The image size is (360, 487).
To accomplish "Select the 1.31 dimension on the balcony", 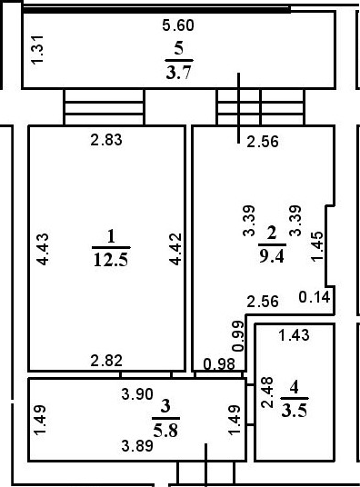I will coord(37,50).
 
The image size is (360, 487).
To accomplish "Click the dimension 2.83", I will coord(105,140).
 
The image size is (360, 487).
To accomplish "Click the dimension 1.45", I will coord(316,244).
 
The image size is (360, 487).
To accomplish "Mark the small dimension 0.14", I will coord(315,296).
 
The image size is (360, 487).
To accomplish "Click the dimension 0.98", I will coord(218,364).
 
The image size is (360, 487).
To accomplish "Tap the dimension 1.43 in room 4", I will coord(294,336).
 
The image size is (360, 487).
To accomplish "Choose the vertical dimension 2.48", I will coord(266,393).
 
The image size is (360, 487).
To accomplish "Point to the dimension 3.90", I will coord(138,396).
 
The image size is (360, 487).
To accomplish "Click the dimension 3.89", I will coord(138,445).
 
